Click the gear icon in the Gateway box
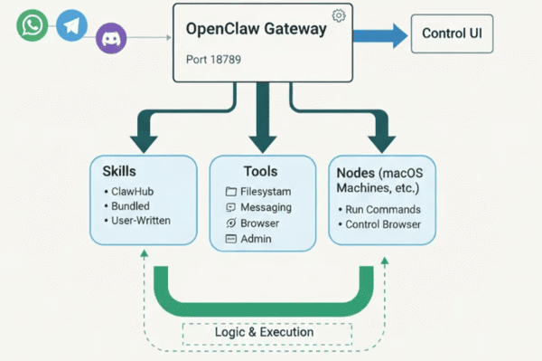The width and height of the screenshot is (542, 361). (x=339, y=15)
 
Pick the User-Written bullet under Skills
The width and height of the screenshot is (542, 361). (x=141, y=220)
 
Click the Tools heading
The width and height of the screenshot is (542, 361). (x=260, y=171)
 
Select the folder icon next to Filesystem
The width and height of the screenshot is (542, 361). (x=230, y=192)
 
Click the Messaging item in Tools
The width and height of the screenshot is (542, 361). (x=266, y=207)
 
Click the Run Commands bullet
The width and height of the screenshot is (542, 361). (x=384, y=210)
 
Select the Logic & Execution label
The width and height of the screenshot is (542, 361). (x=264, y=332)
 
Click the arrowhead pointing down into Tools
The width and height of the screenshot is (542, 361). (x=263, y=141)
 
